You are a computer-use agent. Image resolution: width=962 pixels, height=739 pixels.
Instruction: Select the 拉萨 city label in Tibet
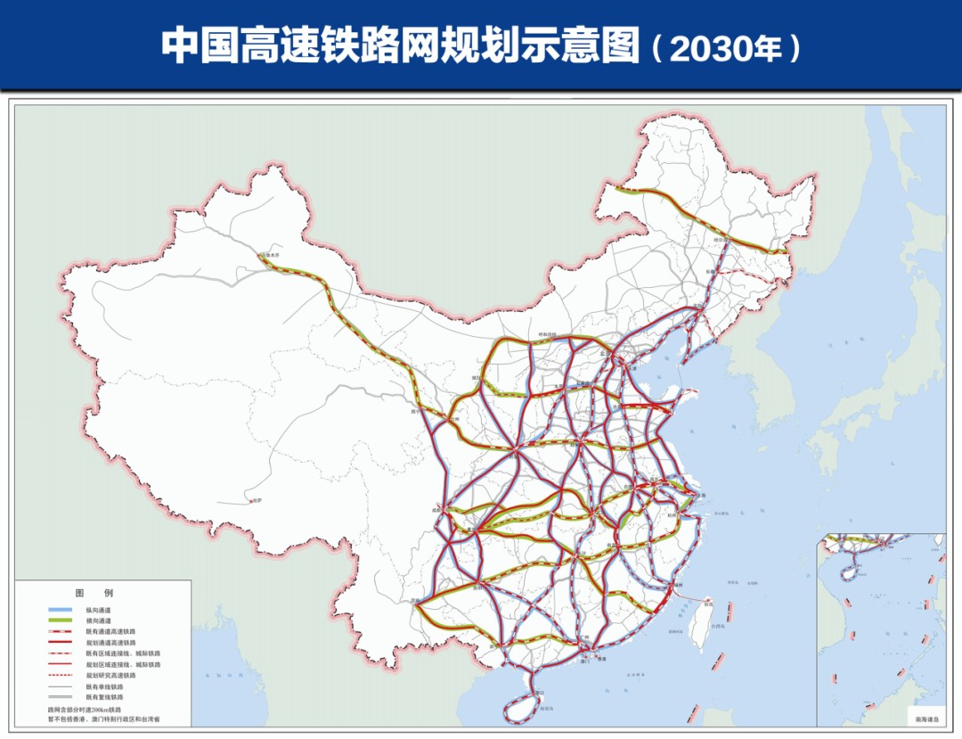pyautogui.click(x=258, y=501)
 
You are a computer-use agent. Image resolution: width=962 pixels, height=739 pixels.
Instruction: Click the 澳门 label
pyautogui.click(x=584, y=662)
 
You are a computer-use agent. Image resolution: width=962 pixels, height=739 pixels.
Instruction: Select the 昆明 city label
pyautogui.click(x=417, y=602)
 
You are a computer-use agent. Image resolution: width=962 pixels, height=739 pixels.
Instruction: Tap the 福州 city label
pyautogui.click(x=678, y=585)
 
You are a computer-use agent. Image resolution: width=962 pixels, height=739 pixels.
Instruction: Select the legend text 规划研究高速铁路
pyautogui.click(x=112, y=676)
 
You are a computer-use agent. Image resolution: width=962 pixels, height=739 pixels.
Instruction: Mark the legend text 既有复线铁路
pyautogui.click(x=104, y=698)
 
